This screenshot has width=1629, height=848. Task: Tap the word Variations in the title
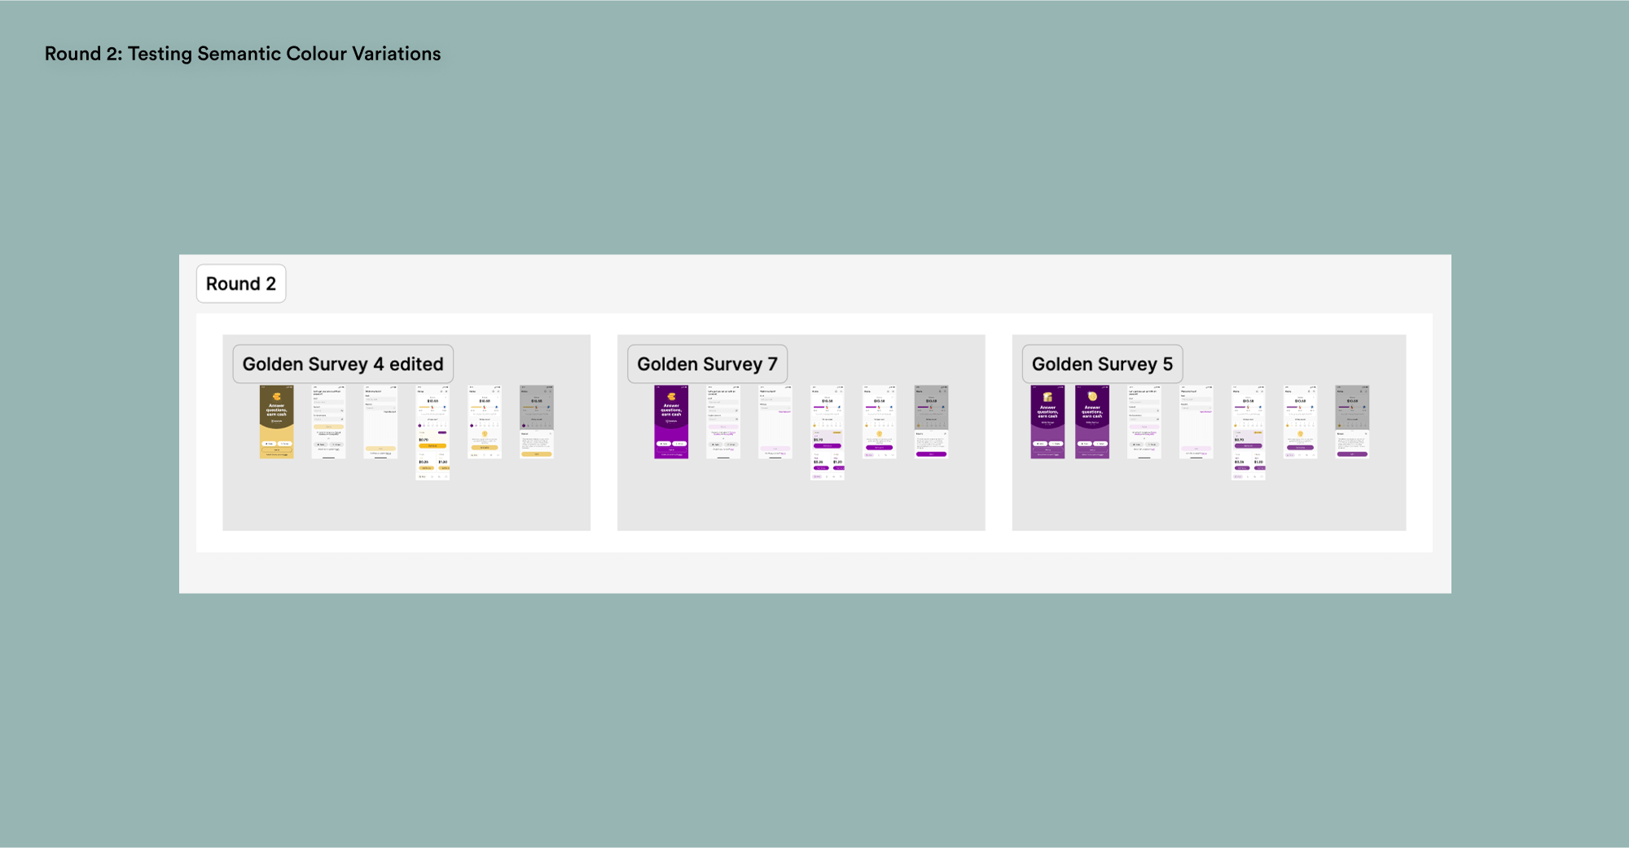[x=397, y=54]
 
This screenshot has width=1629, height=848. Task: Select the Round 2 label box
[x=241, y=283]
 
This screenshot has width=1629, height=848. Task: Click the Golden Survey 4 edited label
[x=343, y=364]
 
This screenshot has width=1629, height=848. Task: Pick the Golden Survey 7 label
[x=707, y=364]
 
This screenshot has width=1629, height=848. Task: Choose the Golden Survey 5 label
[x=1102, y=364]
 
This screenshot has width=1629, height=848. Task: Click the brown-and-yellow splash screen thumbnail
[x=276, y=422]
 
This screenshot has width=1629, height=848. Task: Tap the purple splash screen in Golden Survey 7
[x=671, y=422]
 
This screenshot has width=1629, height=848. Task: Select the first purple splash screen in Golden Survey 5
[x=1047, y=422]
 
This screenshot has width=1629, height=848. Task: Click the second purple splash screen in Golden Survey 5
[x=1092, y=422]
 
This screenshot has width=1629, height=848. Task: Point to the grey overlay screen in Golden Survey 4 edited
[x=537, y=422]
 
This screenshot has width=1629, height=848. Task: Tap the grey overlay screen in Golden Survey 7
[x=931, y=422]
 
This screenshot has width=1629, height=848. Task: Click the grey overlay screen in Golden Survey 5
[x=1352, y=422]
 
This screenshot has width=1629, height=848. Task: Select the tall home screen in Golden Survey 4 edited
[x=432, y=433]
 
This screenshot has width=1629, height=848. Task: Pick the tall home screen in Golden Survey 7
[x=827, y=433]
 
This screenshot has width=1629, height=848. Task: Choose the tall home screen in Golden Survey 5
[x=1248, y=433]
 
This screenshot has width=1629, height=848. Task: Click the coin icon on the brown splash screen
[x=277, y=397]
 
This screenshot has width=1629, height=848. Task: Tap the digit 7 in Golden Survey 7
[x=772, y=364]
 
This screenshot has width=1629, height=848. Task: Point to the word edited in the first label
[x=416, y=364]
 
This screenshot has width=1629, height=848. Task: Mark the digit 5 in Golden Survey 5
[x=1167, y=364]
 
